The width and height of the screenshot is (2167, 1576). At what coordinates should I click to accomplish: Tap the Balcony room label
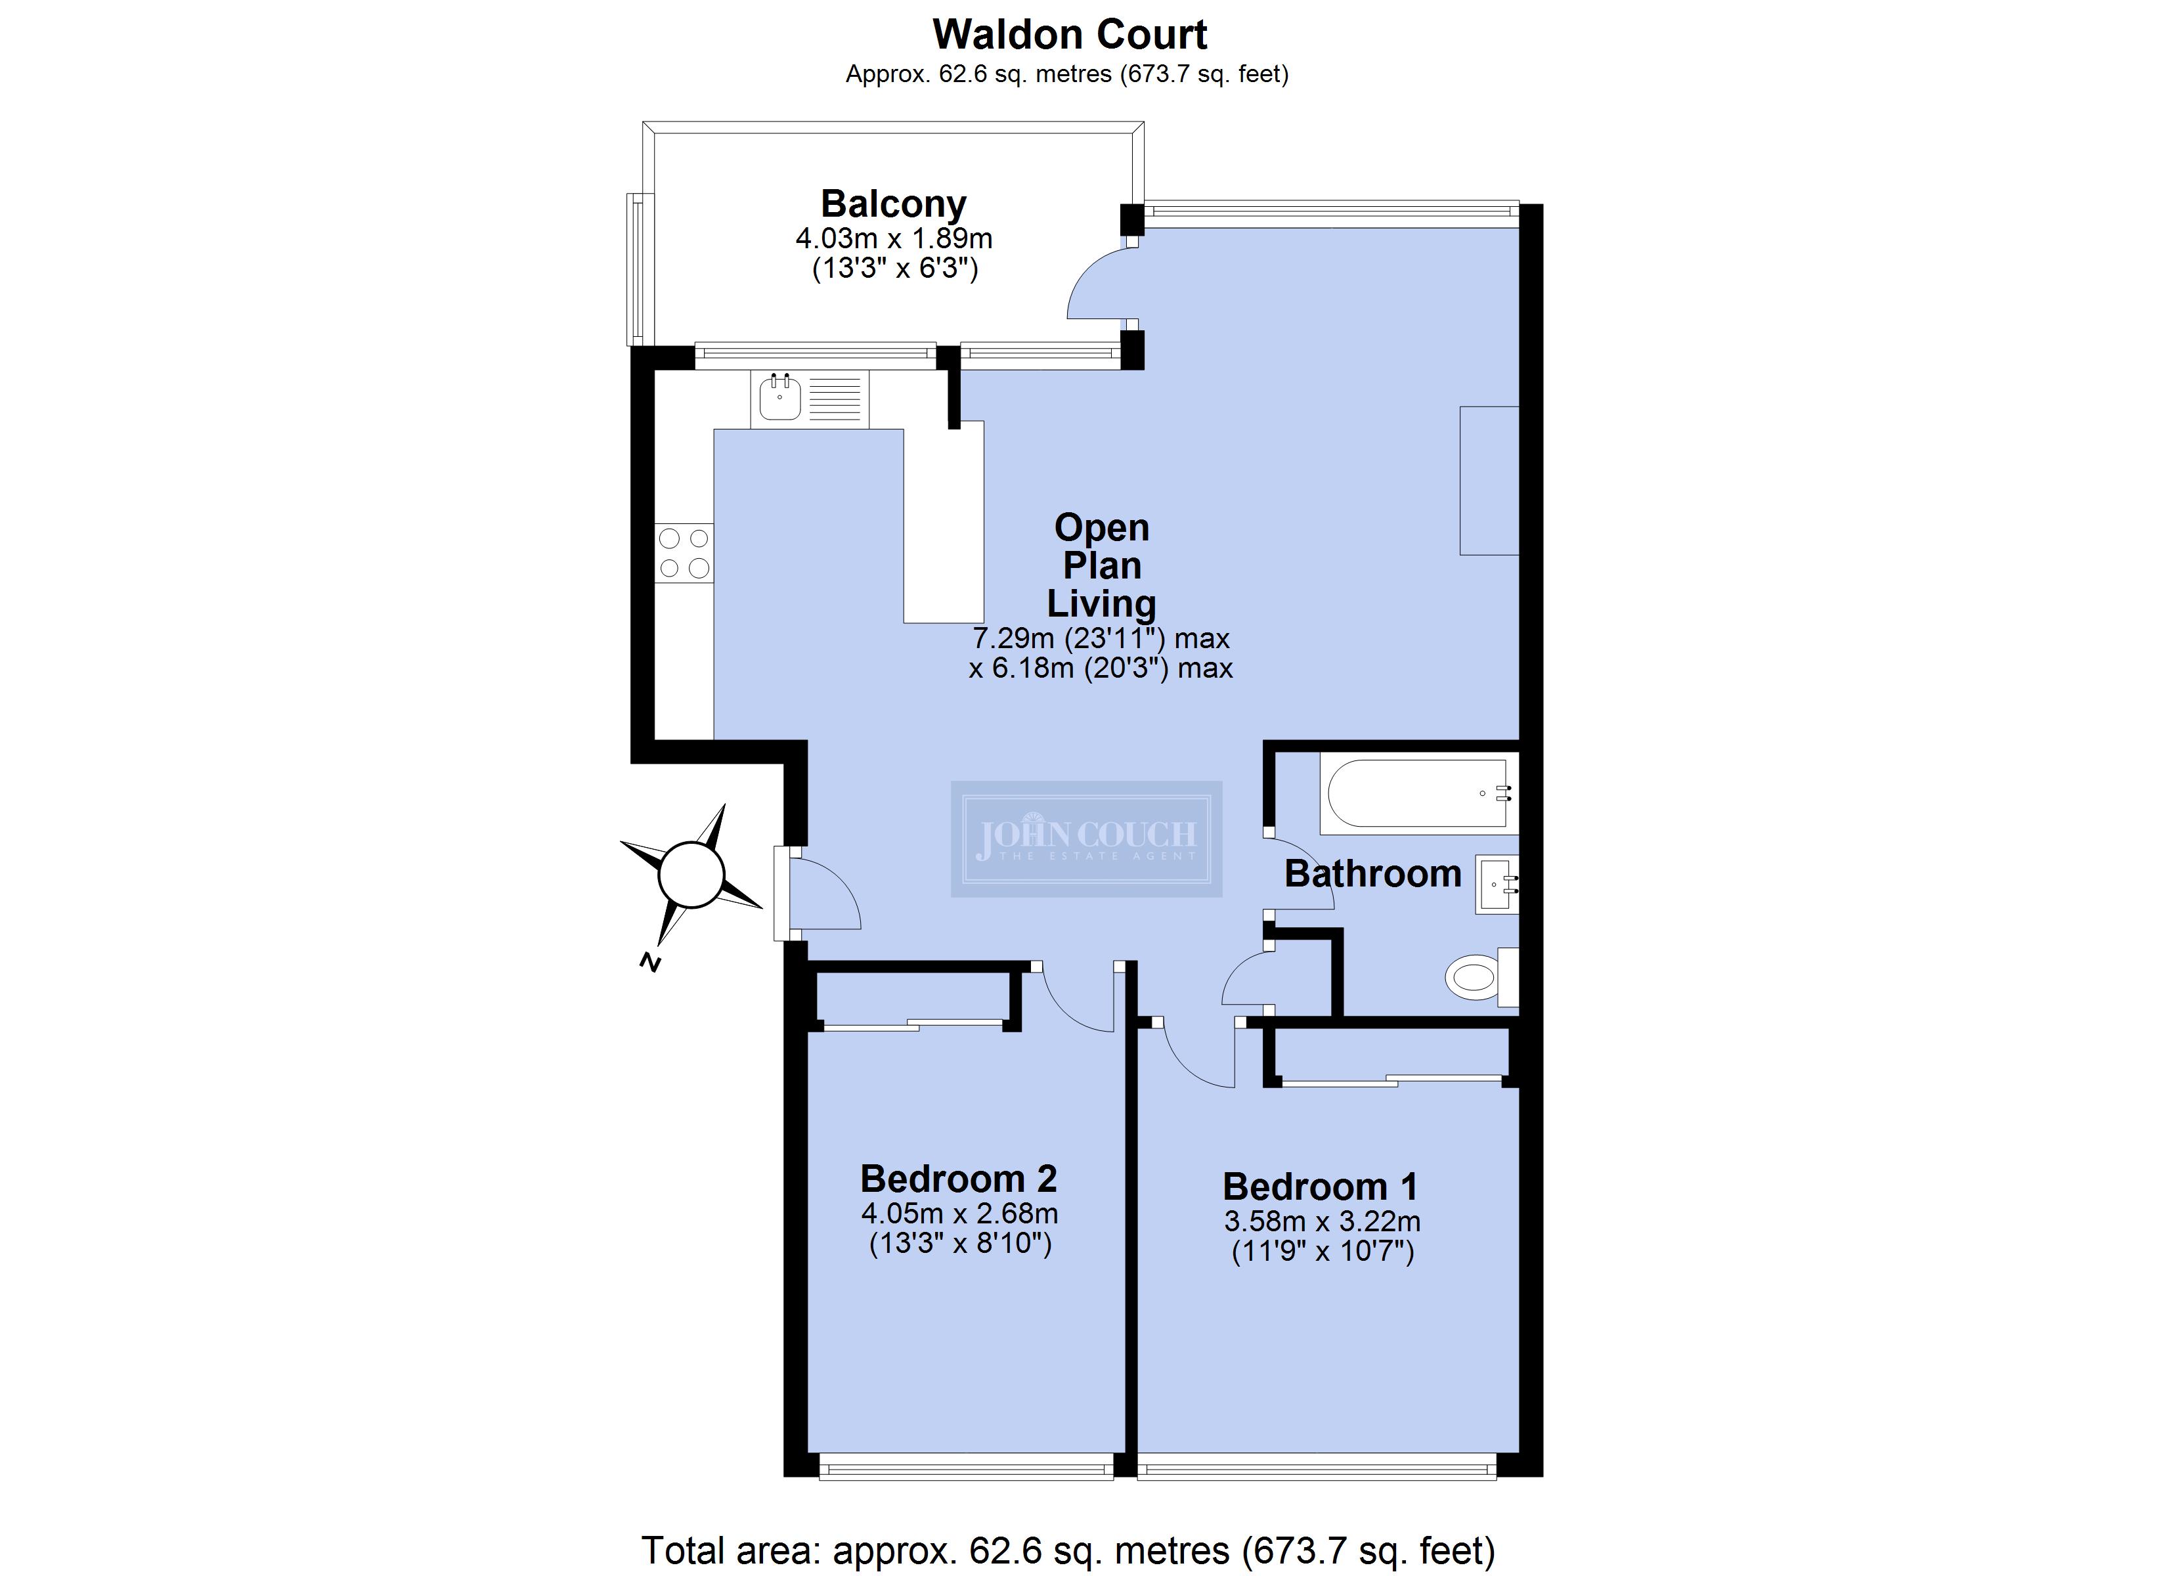tap(893, 204)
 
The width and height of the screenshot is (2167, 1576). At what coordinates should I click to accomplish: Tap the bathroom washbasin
tap(1497, 884)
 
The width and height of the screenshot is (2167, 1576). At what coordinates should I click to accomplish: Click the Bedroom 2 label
tap(958, 1179)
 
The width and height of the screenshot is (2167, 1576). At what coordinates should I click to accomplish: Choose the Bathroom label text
tap(1373, 873)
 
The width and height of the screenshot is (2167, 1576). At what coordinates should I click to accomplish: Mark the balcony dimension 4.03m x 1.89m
tap(893, 238)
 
